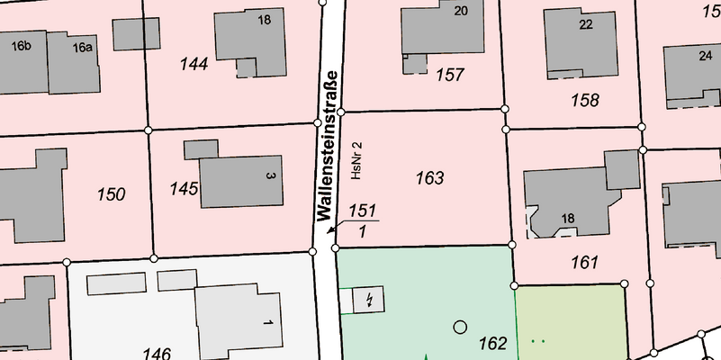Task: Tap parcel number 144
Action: click(194, 64)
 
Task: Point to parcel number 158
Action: click(585, 99)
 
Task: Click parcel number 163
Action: click(430, 178)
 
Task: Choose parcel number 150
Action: click(111, 193)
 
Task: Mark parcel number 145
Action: click(184, 188)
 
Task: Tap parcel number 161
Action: click(584, 263)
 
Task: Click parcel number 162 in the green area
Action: click(493, 342)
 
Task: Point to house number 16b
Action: click(22, 46)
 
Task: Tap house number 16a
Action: click(83, 47)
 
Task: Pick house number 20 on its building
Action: click(461, 11)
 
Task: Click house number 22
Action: click(586, 24)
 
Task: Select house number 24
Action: click(705, 55)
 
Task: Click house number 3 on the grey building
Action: click(269, 175)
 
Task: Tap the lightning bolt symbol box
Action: click(367, 299)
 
